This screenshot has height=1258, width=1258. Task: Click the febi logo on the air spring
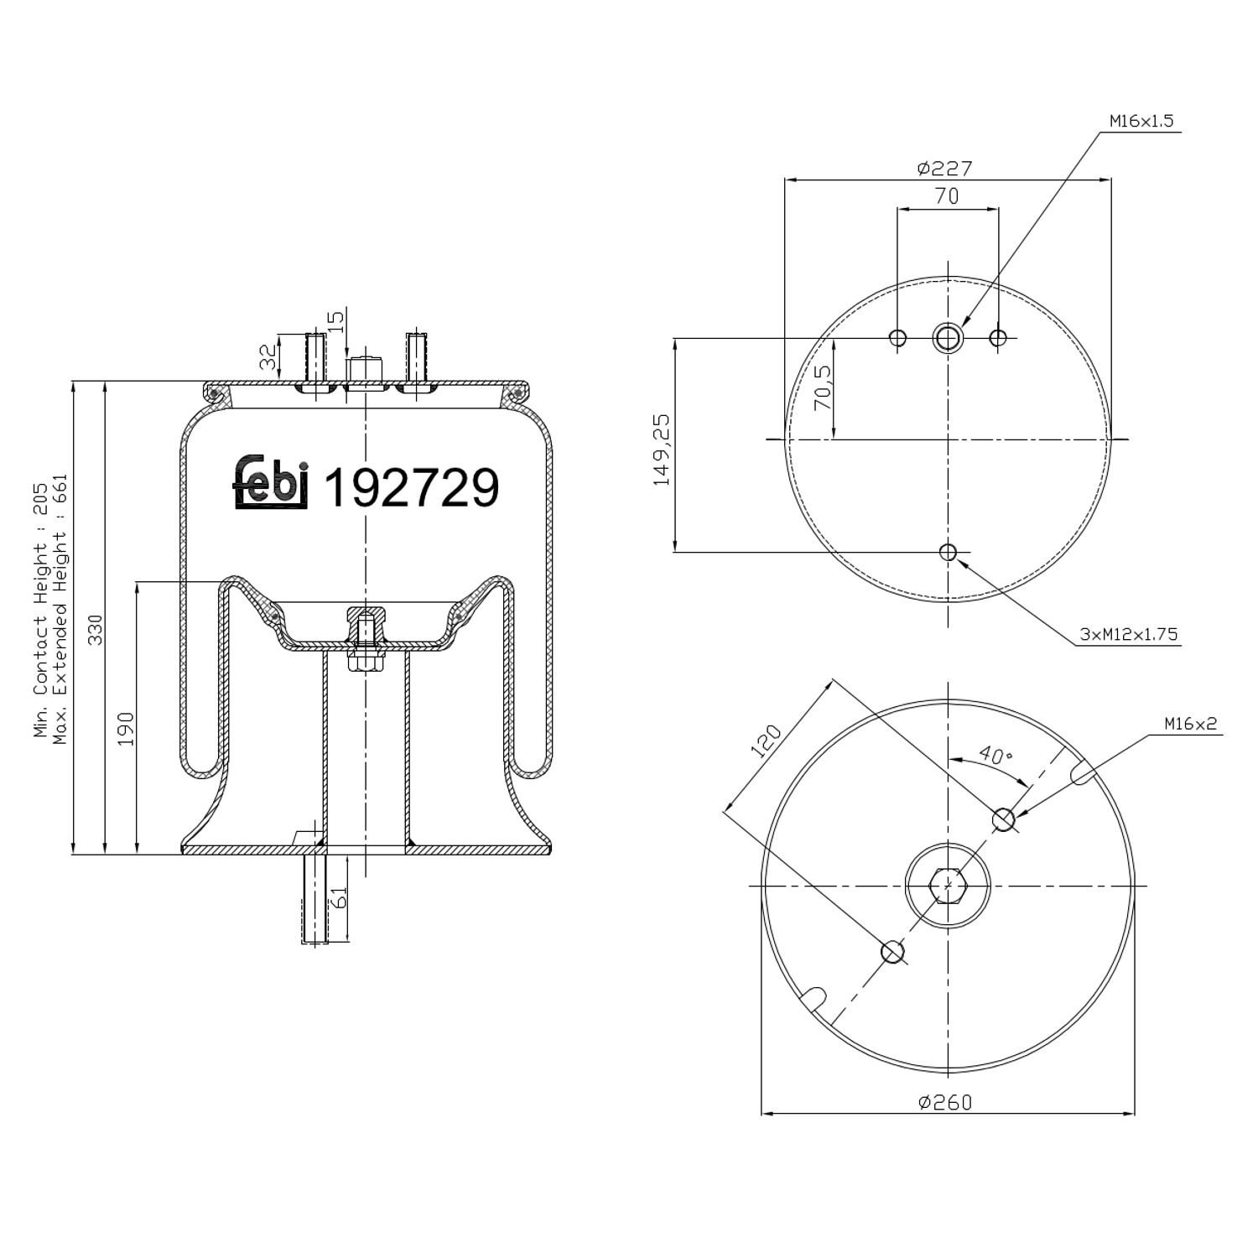271,484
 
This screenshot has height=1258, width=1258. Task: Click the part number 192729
411,487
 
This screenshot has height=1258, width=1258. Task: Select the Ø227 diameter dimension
944,168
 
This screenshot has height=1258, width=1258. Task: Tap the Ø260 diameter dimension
945,1101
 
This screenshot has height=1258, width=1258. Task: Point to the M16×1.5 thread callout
1141,121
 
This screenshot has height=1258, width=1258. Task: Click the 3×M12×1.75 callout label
1128,634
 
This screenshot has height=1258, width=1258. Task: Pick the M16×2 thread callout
1189,724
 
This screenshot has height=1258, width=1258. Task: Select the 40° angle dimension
995,755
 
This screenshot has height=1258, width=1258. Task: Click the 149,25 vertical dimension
663,450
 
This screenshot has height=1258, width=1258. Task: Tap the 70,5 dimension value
823,387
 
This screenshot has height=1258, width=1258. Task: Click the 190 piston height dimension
125,728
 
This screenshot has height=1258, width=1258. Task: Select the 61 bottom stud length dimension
339,898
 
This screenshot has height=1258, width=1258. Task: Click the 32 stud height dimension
268,357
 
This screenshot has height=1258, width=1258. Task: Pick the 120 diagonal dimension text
765,741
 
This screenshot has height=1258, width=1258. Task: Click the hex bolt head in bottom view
948,885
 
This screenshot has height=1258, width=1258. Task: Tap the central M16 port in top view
948,338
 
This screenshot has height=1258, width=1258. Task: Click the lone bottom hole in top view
948,552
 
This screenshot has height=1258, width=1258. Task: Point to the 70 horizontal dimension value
946,196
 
